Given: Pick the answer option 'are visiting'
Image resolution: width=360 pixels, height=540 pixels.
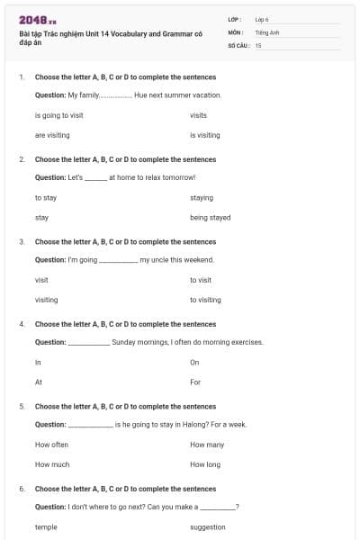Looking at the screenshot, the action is coord(52,135).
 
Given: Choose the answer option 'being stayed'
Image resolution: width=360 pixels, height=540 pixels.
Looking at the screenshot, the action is coord(211,218).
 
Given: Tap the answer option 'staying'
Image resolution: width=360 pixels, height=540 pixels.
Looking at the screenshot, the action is coord(202,197).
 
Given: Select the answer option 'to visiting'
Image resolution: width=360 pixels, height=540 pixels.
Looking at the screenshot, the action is coord(205,300).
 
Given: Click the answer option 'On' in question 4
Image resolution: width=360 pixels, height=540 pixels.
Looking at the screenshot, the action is coord(194,362).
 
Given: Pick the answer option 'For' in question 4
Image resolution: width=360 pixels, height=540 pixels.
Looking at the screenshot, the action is coord(195,382).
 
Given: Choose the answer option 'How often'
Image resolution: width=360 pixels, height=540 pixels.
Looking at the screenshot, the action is coord(51,445).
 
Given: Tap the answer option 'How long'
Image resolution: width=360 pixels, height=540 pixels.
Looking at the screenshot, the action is coord(205,464).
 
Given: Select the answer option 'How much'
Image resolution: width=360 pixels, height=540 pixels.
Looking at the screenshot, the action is coord(51,464).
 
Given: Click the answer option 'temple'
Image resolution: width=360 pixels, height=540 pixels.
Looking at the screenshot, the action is coord(46,527).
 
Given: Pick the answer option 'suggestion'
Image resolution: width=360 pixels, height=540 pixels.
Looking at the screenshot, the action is coord(208,527).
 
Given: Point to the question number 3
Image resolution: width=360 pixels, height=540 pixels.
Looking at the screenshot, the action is coord(22,241).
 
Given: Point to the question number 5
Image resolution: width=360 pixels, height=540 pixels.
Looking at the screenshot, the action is coord(22,406).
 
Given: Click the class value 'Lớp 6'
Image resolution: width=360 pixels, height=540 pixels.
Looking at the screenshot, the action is coord(262,19).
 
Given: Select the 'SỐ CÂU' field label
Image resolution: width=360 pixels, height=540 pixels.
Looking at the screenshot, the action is coord(238,44).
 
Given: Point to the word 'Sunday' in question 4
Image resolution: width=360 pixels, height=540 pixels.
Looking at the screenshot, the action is coord(122,342).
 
